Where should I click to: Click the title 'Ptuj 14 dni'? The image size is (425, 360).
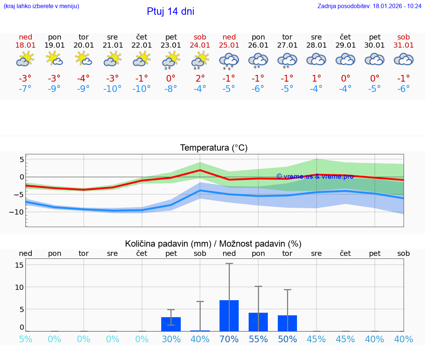(x=170, y=11)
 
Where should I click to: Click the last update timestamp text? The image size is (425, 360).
(x=369, y=6)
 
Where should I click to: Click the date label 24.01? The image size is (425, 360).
(x=200, y=45)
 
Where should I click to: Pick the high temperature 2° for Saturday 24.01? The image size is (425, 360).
(x=200, y=78)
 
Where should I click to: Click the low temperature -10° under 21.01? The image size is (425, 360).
(x=113, y=89)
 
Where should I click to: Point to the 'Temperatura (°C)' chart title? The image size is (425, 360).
(x=214, y=148)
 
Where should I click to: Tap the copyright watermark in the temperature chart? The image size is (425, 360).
(x=315, y=176)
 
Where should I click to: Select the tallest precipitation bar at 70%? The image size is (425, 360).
(x=229, y=316)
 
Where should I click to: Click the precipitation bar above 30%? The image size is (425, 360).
(x=171, y=324)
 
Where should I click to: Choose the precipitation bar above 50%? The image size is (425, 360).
(x=287, y=323)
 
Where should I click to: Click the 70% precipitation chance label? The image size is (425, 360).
(x=229, y=339)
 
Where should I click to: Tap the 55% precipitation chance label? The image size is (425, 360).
(x=258, y=339)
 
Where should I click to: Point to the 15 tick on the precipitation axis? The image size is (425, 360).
(x=20, y=265)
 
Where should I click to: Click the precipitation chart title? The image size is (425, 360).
(x=213, y=244)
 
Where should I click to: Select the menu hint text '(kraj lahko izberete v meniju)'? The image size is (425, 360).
(x=41, y=6)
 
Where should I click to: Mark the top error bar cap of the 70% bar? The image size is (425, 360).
(x=229, y=263)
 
